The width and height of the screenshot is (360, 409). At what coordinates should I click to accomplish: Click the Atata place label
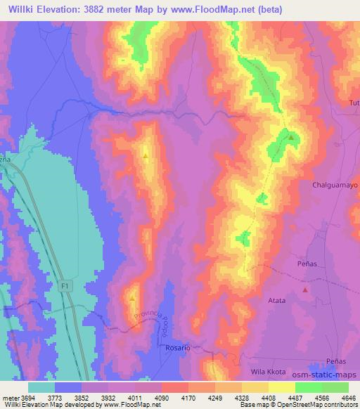(276, 300)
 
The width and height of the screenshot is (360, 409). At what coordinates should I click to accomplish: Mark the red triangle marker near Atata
(304, 289)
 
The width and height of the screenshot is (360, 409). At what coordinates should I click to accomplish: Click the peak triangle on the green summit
(290, 138)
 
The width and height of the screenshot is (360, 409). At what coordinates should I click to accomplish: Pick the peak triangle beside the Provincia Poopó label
(132, 299)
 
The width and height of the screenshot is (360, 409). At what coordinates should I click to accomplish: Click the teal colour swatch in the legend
(41, 387)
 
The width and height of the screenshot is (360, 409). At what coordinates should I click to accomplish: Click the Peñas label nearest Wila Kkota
(335, 361)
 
